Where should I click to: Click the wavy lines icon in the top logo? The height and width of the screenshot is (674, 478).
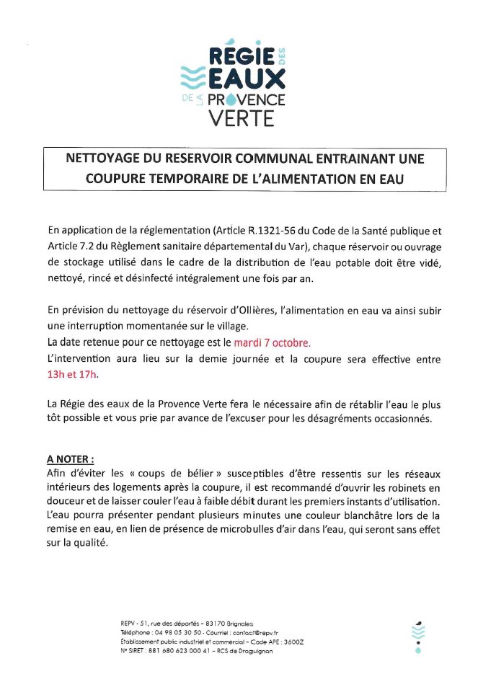[191, 75]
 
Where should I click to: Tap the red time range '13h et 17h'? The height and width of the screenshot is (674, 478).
[68, 375]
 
